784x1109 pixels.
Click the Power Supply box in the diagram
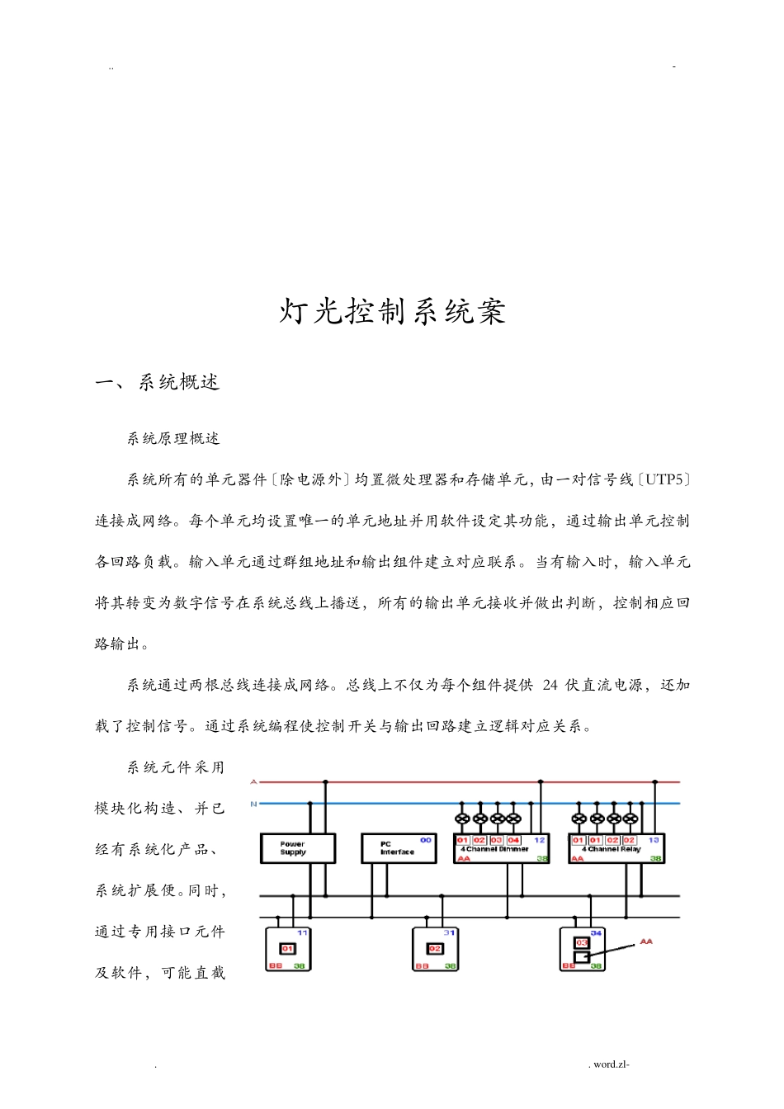pyautogui.click(x=297, y=848)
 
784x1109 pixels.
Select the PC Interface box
pyautogui.click(x=398, y=848)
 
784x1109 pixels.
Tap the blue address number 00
pyautogui.click(x=426, y=840)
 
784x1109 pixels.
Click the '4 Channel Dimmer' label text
pyautogui.click(x=495, y=849)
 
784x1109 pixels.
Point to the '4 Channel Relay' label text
pyautogui.click(x=611, y=849)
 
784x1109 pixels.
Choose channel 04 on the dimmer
pyautogui.click(x=513, y=840)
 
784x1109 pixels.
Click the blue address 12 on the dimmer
pyautogui.click(x=540, y=840)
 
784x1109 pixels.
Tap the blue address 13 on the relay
pyautogui.click(x=654, y=840)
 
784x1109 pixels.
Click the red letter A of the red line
pyautogui.click(x=253, y=781)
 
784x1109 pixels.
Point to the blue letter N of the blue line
pyautogui.click(x=253, y=803)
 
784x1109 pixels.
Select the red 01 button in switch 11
pyautogui.click(x=287, y=949)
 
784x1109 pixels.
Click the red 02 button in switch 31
pyautogui.click(x=435, y=949)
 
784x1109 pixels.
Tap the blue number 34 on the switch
pyautogui.click(x=596, y=932)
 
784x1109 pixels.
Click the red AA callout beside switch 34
pyautogui.click(x=646, y=941)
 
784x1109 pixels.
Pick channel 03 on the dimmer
pyautogui.click(x=496, y=840)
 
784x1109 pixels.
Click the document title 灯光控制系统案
pyautogui.click(x=392, y=312)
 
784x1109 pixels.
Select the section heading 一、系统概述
pyautogui.click(x=158, y=382)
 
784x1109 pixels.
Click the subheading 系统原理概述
pyautogui.click(x=173, y=439)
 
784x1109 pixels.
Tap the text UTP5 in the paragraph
pyautogui.click(x=664, y=479)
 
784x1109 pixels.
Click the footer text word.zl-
pyautogui.click(x=611, y=1064)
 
